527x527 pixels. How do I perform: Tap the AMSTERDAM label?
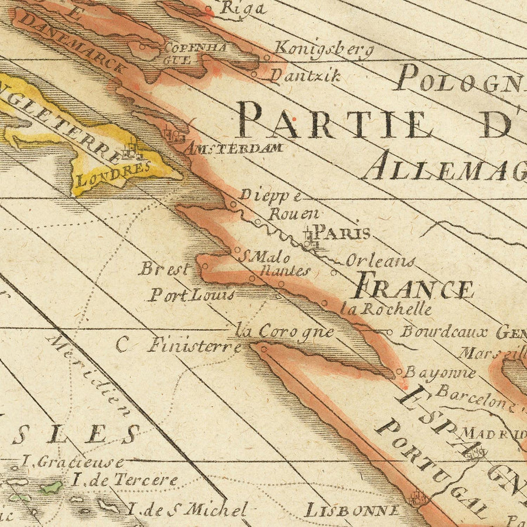pyautogui.click(x=234, y=148)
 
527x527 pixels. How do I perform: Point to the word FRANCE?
pyautogui.click(x=414, y=289)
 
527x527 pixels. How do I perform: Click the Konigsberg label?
pyautogui.click(x=323, y=50)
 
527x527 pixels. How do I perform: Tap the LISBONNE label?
pyautogui.click(x=353, y=510)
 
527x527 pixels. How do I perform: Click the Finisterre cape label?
pyautogui.click(x=194, y=345)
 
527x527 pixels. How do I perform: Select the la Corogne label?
pyautogui.click(x=285, y=331)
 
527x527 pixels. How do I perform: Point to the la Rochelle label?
pyautogui.click(x=387, y=309)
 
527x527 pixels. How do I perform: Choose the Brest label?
pyautogui.click(x=165, y=269)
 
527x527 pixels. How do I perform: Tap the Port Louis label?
pyautogui.click(x=191, y=295)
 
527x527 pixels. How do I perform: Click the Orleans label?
pyautogui.click(x=380, y=261)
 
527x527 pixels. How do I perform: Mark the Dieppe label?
pyautogui.click(x=271, y=195)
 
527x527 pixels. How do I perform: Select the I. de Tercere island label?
pyautogui.click(x=125, y=480)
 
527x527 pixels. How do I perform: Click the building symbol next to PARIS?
pyautogui.click(x=310, y=239)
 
